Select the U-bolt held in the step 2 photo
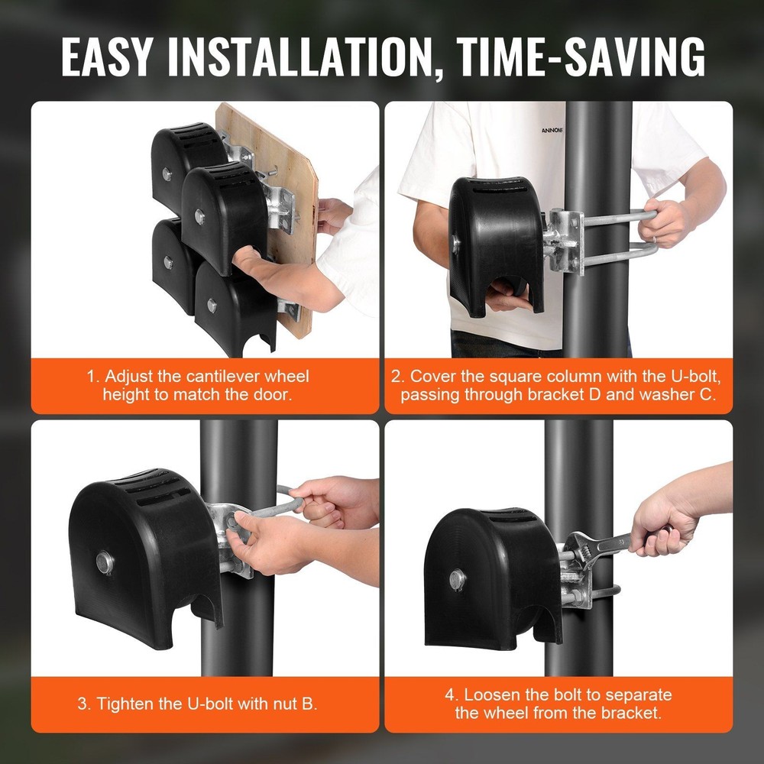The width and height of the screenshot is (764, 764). tap(619, 233)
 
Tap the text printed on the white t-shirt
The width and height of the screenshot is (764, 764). tap(552, 131)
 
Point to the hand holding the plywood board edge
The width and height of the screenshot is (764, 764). tap(333, 214)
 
